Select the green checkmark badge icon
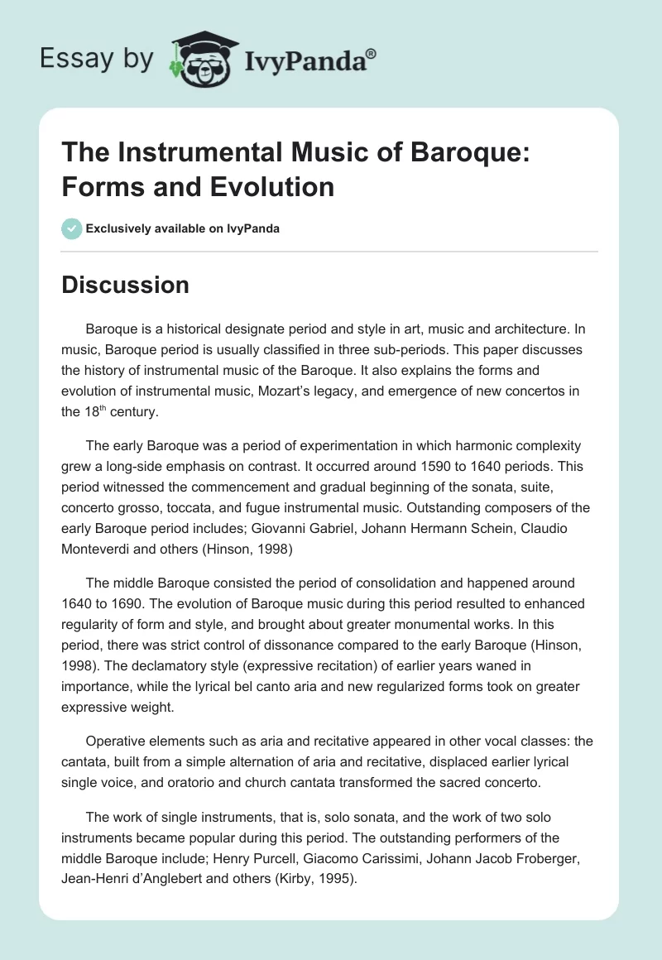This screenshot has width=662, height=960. (x=71, y=228)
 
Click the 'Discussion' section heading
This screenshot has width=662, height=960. (x=126, y=285)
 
